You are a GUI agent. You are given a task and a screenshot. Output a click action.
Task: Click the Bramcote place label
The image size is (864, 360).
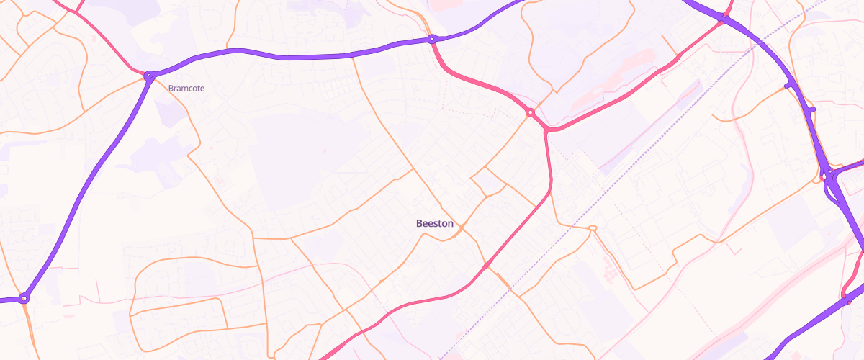(x=186, y=89)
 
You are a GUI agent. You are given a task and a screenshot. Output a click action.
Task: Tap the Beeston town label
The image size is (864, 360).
(x=435, y=224)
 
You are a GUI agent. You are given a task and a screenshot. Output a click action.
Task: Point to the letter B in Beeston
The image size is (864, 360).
(x=419, y=224)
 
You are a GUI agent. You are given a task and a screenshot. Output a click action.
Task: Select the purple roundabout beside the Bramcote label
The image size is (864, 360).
(x=149, y=75)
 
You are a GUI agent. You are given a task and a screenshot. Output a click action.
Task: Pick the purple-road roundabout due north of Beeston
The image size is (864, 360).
(x=431, y=39)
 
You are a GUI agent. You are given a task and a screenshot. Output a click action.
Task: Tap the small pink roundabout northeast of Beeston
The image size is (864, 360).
(x=530, y=112)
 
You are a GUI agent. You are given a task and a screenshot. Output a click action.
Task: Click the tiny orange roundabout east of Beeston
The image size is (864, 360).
(x=593, y=229)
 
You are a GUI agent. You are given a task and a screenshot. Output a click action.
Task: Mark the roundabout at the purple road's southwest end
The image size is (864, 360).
(x=24, y=297)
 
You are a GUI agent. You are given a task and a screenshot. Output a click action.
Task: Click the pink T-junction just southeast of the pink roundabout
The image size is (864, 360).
(x=547, y=131)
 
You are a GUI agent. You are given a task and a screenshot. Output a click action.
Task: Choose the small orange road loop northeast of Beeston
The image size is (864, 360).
(x=487, y=183)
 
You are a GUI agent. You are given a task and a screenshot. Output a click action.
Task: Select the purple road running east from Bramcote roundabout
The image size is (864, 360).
(x=288, y=56)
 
